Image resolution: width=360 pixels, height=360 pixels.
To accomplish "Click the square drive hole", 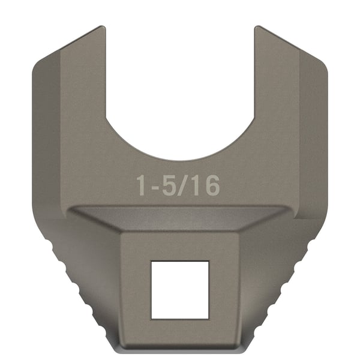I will tap(179, 289).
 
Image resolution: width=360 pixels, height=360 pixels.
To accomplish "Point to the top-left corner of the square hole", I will tap(151, 262).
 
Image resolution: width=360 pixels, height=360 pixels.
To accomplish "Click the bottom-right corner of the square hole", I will tap(208, 317).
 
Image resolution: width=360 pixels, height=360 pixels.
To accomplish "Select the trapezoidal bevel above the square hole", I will tap(179, 219).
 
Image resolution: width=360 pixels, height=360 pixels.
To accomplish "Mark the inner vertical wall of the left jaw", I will tap(106, 78).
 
